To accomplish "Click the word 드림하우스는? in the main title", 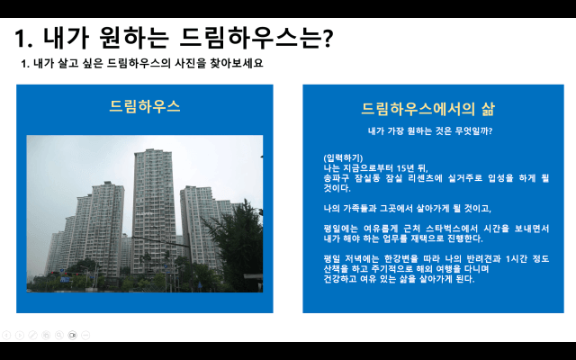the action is point(256,38).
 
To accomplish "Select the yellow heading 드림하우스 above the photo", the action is point(145,106).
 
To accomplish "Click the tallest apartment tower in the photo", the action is point(154,211).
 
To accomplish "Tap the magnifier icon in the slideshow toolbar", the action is point(59,335).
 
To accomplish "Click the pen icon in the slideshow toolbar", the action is point(32,335).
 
